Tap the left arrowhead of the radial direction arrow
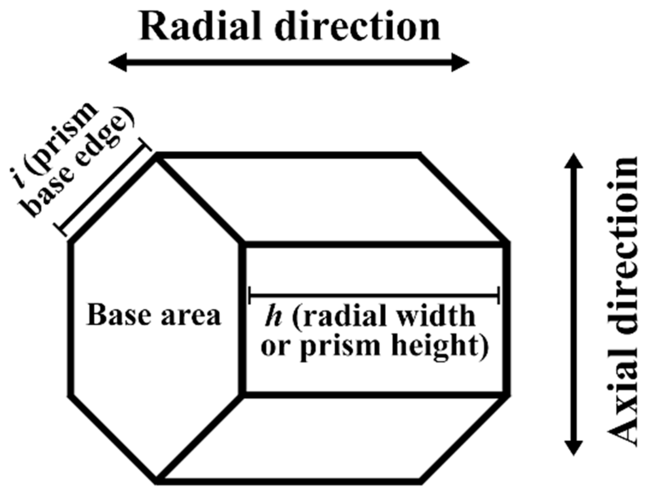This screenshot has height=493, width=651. [x=117, y=63]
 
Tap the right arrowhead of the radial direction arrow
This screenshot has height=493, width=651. [x=461, y=63]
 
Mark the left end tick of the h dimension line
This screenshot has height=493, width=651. [x=249, y=295]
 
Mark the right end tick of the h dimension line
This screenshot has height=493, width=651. [x=499, y=295]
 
